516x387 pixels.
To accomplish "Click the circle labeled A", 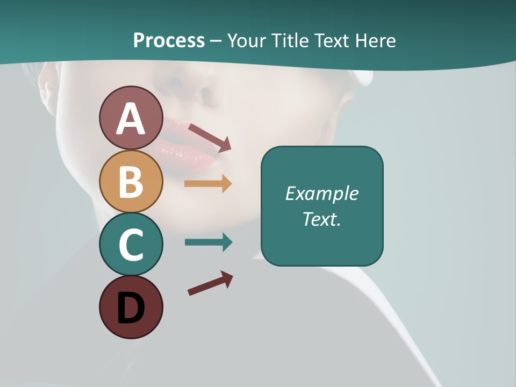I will (131, 118).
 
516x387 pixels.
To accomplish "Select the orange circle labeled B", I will (131, 182).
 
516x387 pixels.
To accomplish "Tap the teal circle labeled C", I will (131, 245).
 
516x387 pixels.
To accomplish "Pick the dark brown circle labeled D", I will (131, 307).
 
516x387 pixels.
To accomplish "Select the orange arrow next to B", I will (208, 184).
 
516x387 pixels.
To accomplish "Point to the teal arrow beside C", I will (208, 242).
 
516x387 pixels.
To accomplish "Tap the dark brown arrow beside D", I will (210, 283).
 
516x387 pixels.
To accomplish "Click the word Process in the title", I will (169, 41).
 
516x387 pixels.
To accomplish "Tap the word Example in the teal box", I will (321, 193).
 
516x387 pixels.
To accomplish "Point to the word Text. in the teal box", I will (321, 219).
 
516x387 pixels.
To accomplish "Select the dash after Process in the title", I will (216, 41).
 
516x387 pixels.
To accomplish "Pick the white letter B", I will (131, 182).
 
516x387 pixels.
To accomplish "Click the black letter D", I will (131, 309).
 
